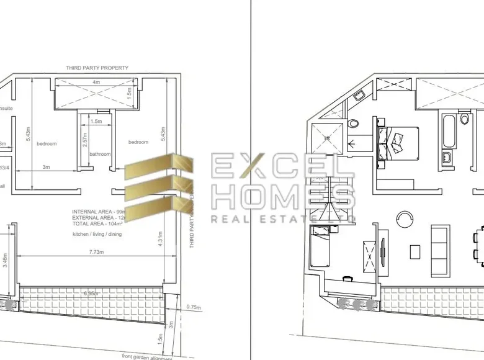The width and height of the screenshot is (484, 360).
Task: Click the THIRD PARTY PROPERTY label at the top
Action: click(x=98, y=68)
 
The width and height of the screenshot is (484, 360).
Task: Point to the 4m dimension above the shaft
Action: click(x=96, y=82)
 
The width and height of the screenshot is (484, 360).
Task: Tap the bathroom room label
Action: click(x=99, y=154)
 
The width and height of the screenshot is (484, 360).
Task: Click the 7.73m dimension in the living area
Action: click(x=96, y=252)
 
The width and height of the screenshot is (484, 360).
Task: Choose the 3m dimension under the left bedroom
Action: click(x=47, y=167)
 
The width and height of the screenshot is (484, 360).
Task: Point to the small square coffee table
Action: click(x=415, y=251)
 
